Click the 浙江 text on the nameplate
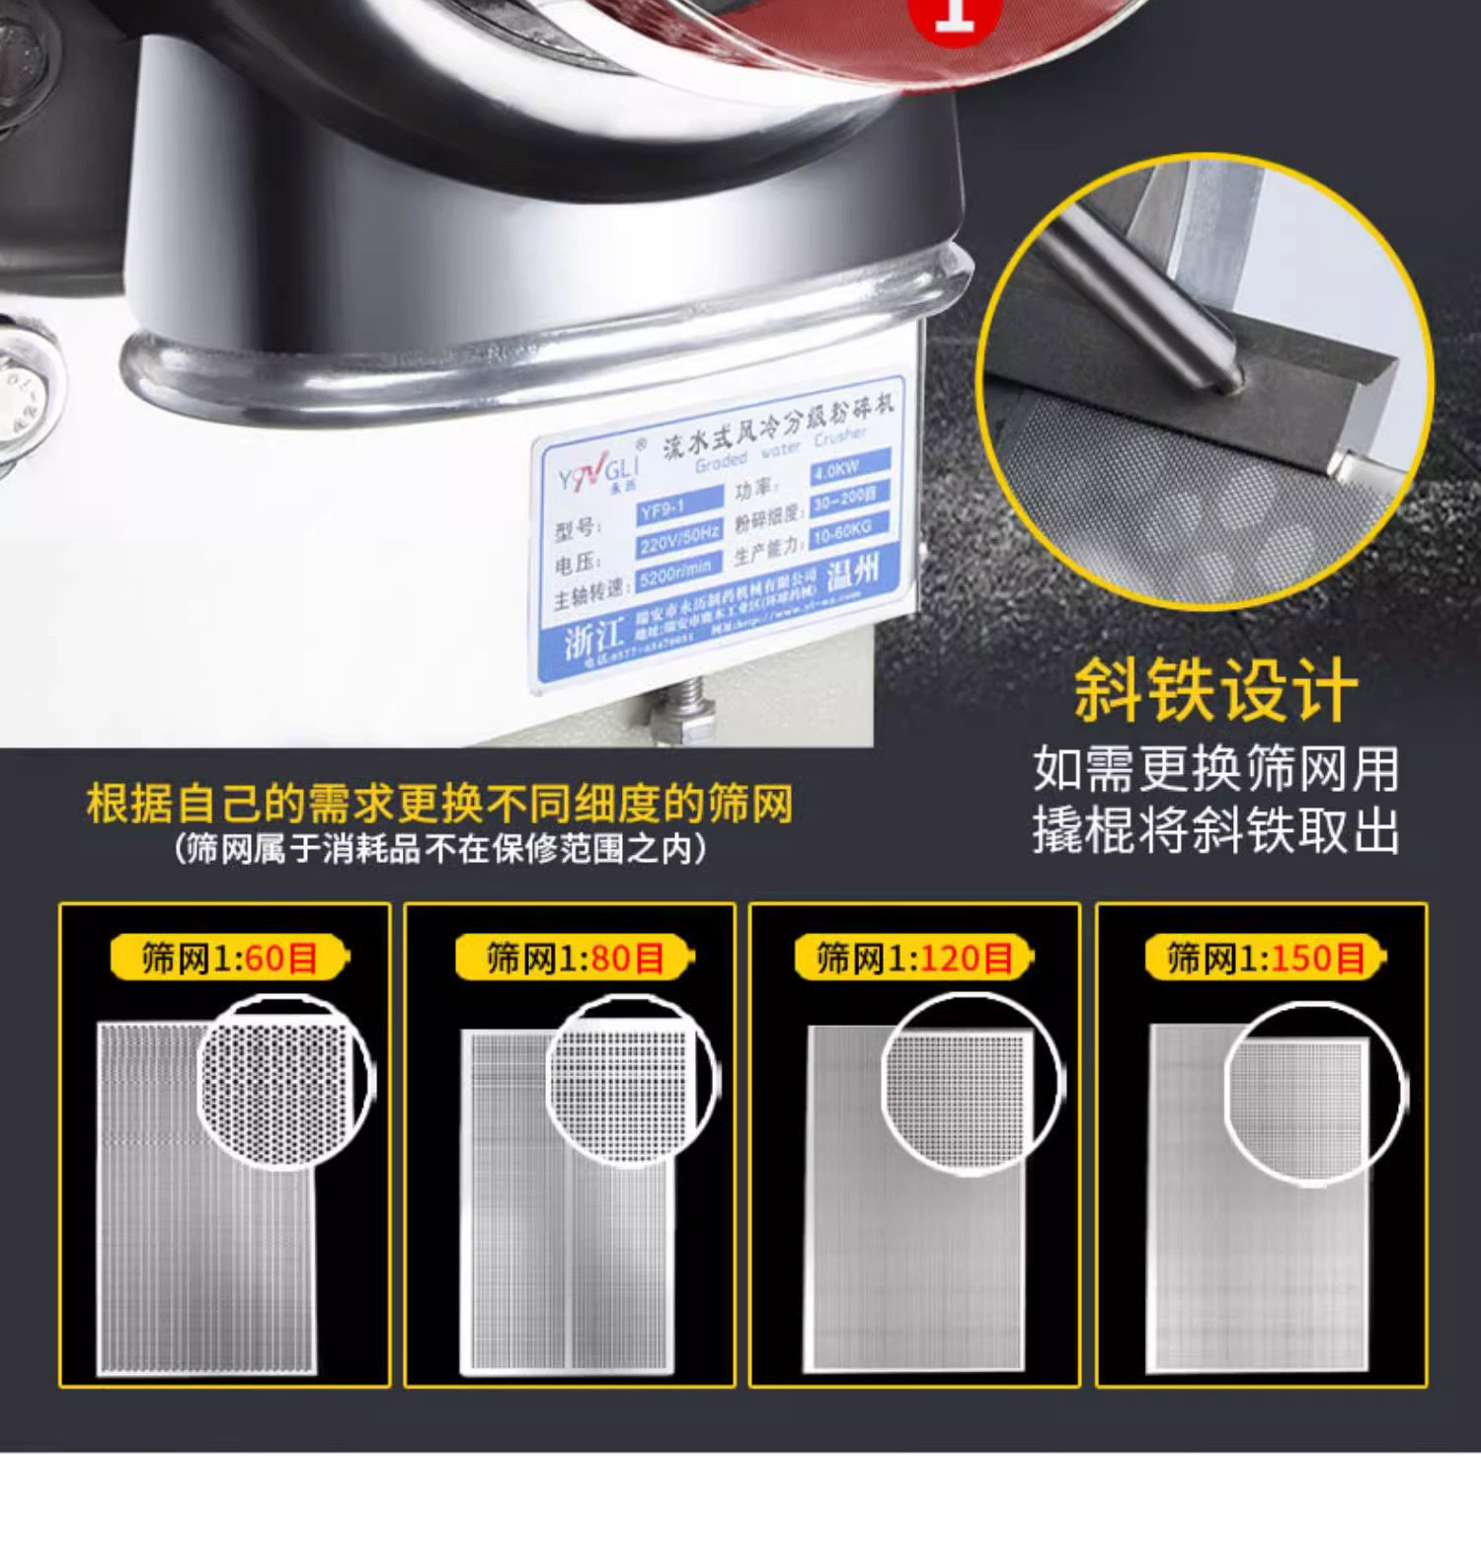coord(594,640)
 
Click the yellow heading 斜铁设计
coord(1215,691)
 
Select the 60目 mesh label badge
coord(231,958)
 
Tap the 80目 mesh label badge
coord(575,958)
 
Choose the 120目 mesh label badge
coord(914,958)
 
